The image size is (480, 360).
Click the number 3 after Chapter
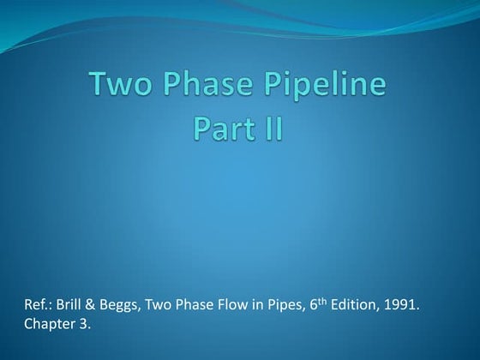coord(83,326)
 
